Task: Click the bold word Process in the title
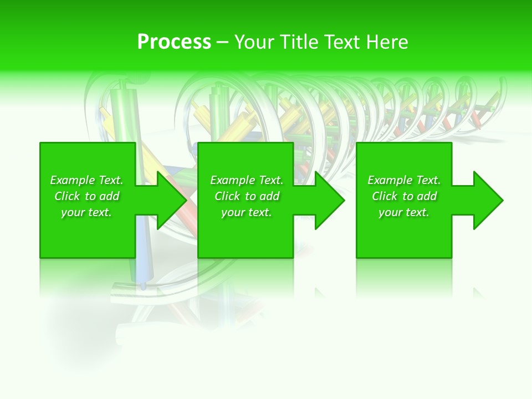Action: click(x=174, y=42)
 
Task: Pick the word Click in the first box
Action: click(x=68, y=196)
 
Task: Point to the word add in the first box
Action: click(x=109, y=196)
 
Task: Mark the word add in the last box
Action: click(x=426, y=196)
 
